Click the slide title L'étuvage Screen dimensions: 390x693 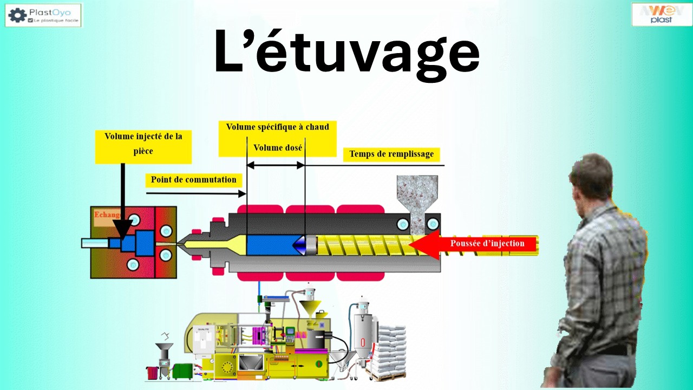coord(346,53)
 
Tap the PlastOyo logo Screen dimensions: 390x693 coord(43,15)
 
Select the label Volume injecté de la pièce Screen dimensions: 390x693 coord(143,144)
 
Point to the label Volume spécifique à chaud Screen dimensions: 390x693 coord(277,127)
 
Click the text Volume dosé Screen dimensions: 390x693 coord(278,147)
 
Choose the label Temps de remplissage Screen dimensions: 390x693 coord(391,154)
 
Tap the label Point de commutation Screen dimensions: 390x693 coord(193,180)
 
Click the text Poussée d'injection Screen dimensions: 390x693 coord(487,243)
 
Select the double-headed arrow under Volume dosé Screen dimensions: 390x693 coord(276,165)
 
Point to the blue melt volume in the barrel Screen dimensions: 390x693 coord(269,245)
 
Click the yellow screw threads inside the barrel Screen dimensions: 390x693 coord(363,245)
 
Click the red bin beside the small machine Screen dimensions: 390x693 coord(152,373)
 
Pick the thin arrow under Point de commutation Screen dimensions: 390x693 coord(195,193)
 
